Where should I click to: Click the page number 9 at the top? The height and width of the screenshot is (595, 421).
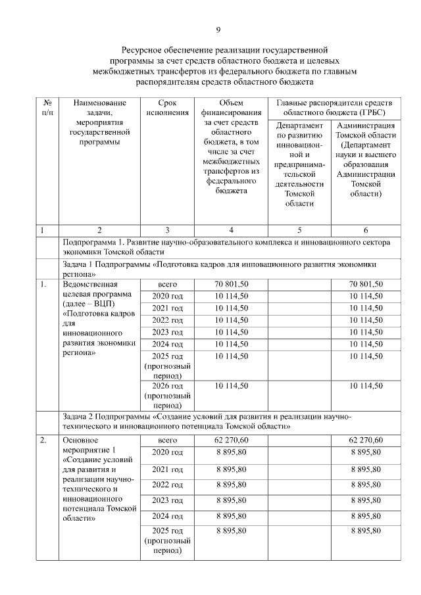[218, 30]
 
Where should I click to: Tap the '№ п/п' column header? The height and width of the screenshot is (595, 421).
[47, 108]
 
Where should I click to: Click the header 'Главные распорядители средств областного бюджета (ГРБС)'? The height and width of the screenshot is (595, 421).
[334, 108]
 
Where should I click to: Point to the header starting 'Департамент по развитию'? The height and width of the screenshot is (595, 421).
[299, 164]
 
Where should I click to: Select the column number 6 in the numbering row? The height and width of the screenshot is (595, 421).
[365, 230]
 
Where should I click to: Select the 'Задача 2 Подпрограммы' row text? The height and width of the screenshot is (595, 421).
[208, 421]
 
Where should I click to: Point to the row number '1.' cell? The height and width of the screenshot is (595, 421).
[43, 285]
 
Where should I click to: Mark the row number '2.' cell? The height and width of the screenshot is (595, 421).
[43, 440]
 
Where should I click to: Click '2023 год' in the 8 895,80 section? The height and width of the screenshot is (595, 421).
[168, 500]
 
